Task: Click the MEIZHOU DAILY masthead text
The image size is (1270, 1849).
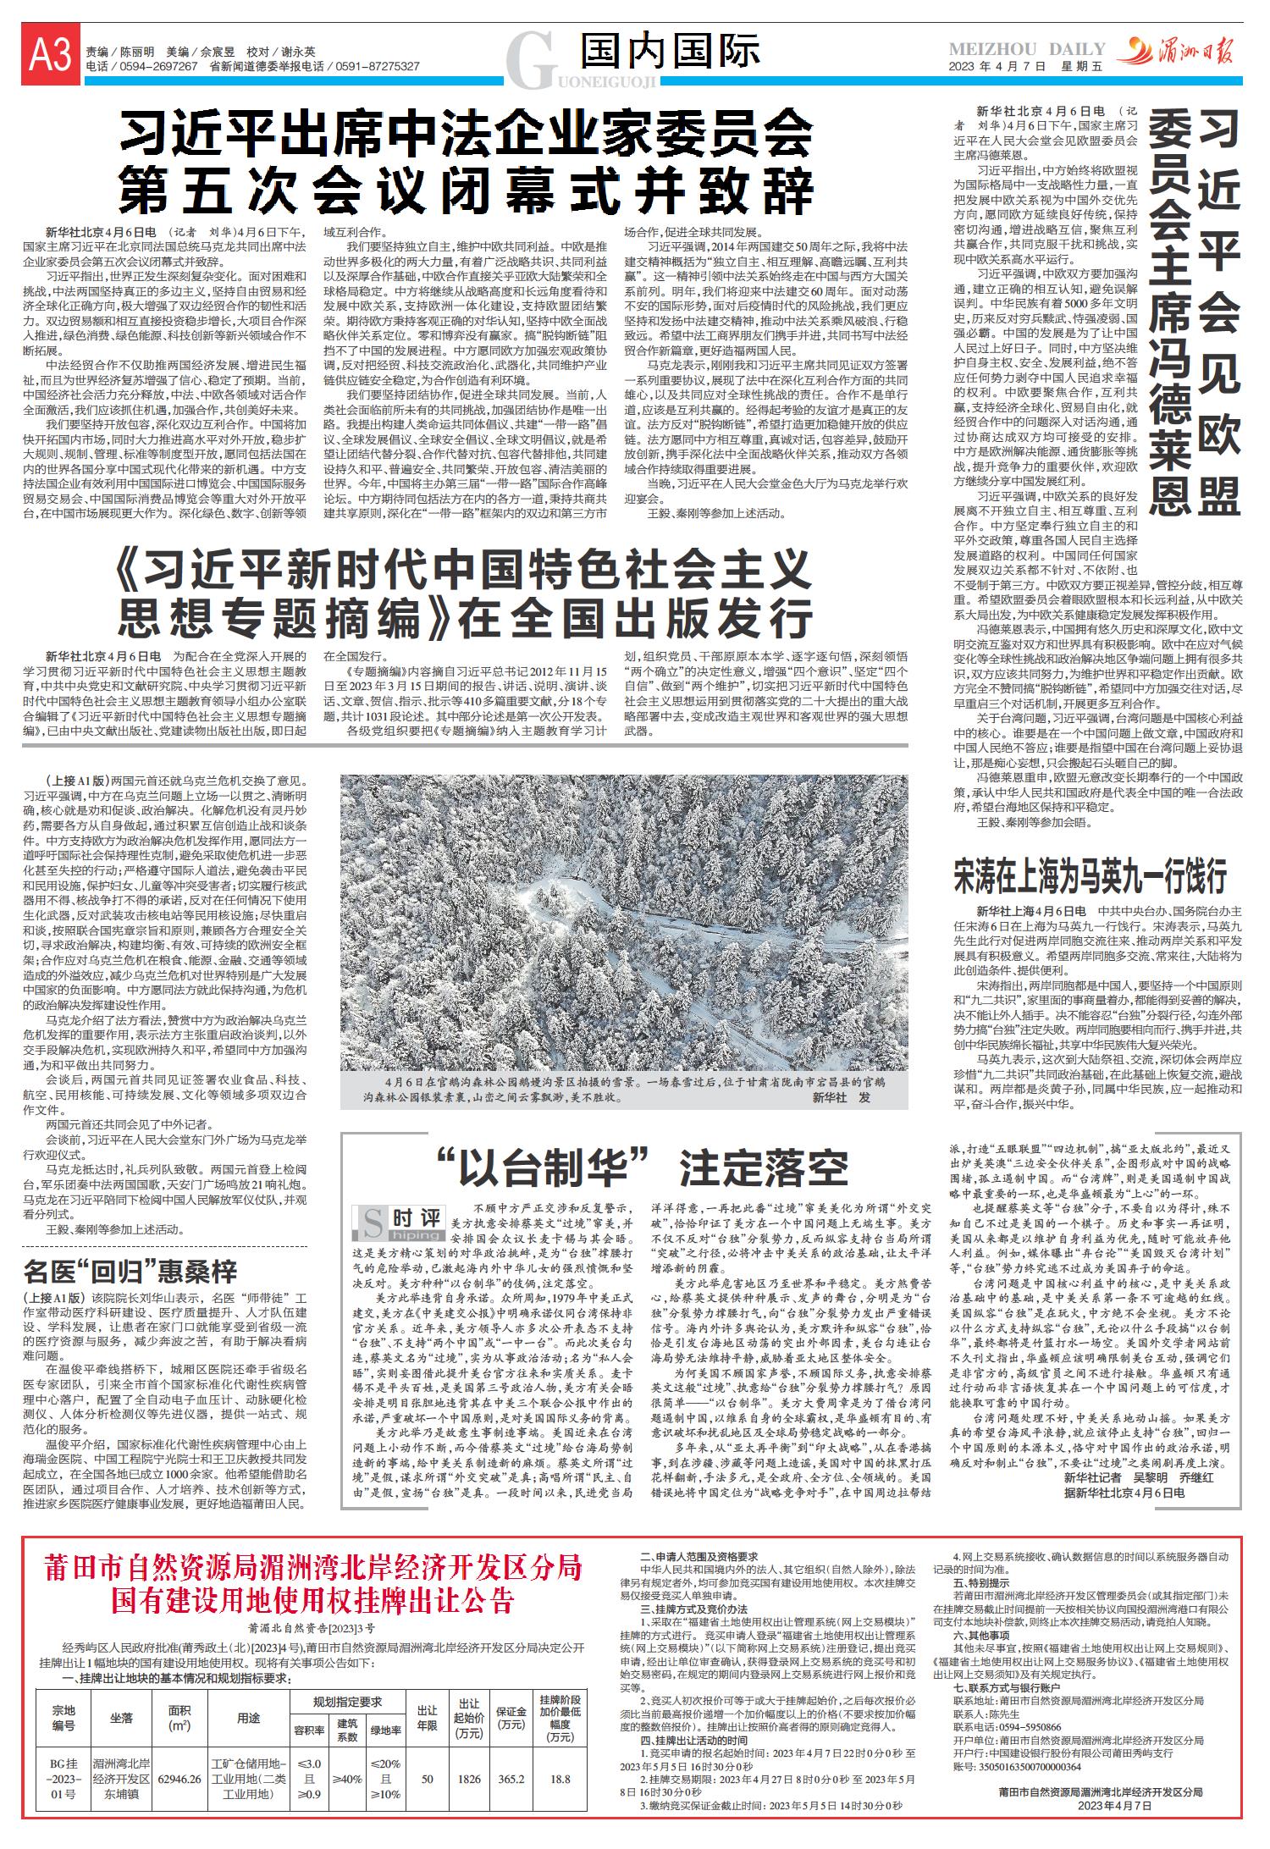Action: [1027, 49]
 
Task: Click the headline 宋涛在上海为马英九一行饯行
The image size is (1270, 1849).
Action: [1090, 877]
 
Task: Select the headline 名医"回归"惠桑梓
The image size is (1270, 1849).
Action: [130, 1272]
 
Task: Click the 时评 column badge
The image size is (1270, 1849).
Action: [398, 1223]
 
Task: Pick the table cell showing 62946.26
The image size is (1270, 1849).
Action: [179, 1780]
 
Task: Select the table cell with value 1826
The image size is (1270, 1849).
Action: [469, 1780]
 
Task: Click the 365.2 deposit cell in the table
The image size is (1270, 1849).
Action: [511, 1780]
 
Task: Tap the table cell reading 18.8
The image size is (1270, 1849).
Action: [560, 1780]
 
